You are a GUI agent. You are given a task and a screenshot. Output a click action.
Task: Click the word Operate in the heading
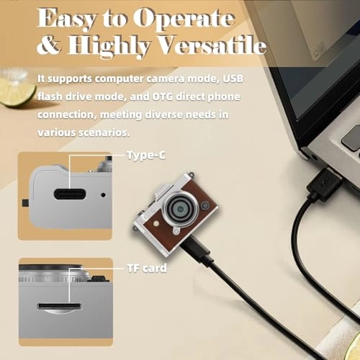coord(184,19)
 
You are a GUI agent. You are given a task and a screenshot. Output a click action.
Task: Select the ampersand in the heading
coord(49,45)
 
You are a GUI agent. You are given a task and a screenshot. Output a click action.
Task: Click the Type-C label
coord(146,155)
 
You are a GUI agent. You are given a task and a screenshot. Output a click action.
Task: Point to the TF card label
coord(147,268)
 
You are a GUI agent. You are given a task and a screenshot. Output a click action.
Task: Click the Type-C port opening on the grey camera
coord(70,194)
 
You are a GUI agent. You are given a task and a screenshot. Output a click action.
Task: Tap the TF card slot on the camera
coord(59,307)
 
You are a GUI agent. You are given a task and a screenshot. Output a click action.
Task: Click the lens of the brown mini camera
coord(181,210)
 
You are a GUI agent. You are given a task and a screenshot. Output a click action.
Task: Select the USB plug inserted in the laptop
coord(324,184)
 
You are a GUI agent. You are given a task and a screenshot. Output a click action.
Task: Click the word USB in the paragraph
coord(233,78)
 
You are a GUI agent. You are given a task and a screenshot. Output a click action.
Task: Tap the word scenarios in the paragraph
coord(104,132)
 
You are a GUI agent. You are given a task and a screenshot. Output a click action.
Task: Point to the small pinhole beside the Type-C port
coord(103,195)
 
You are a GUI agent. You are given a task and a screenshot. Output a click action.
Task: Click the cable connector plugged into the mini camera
coord(197,250)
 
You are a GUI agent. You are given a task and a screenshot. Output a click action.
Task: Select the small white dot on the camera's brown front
coord(156,224)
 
